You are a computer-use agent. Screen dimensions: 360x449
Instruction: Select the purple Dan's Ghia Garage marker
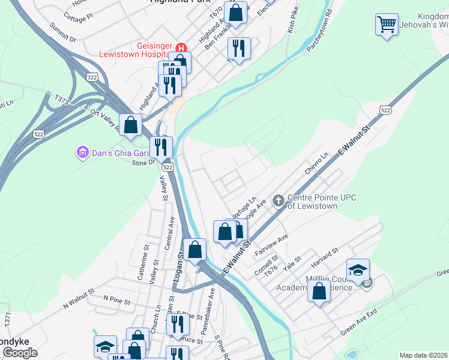82,153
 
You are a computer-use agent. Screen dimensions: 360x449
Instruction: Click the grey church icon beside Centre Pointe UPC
278,200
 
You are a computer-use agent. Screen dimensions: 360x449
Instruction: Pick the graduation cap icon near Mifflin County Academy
358,271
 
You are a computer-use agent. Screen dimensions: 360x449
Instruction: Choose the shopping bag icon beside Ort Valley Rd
131,125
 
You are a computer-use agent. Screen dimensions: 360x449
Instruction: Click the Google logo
20,353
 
